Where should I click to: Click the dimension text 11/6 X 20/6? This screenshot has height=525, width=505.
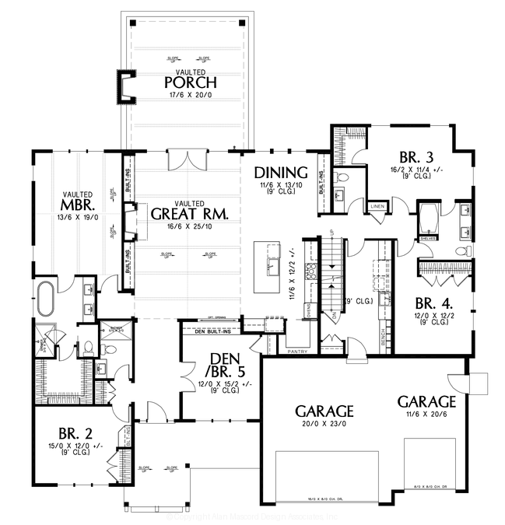click(x=426, y=415)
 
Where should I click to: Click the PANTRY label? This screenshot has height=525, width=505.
click(x=296, y=352)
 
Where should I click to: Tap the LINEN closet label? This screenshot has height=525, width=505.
click(x=378, y=206)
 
